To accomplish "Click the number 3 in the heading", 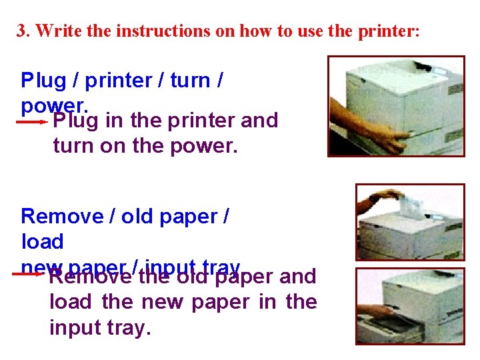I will pos(21,31).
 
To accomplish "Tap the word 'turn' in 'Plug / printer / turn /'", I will pos(190,81).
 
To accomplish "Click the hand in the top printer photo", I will pos(393,139).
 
